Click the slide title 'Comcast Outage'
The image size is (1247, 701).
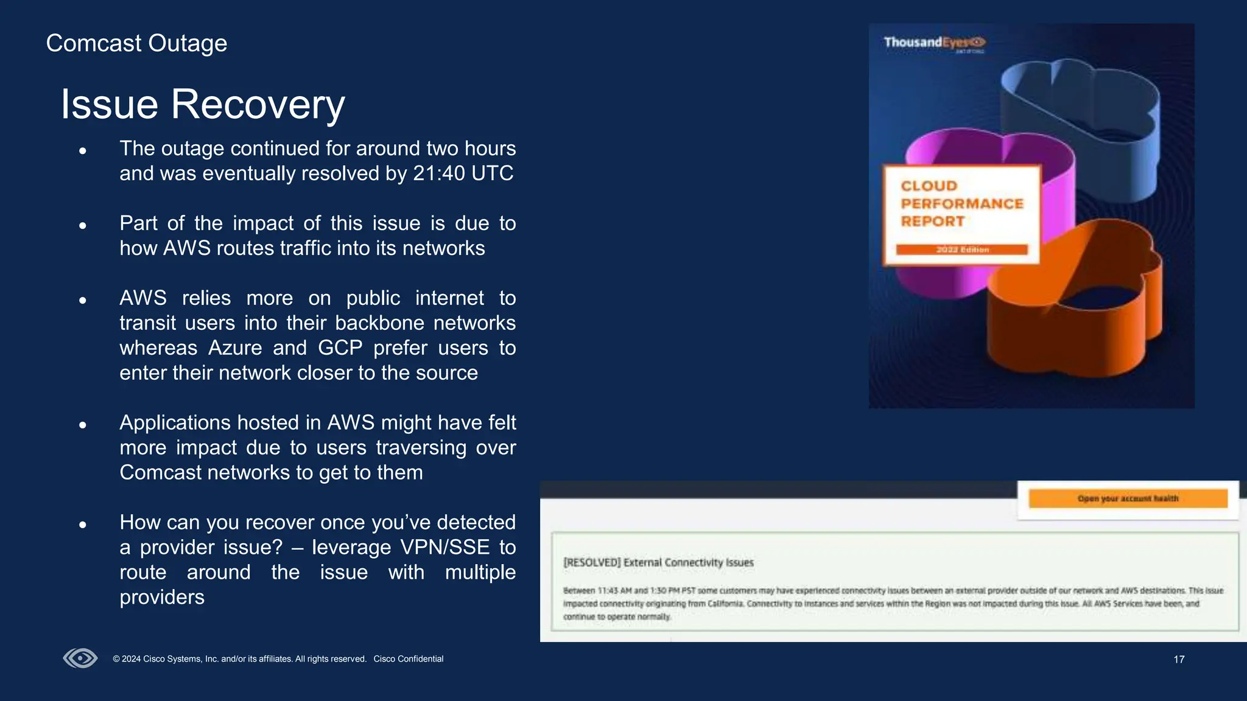click(136, 44)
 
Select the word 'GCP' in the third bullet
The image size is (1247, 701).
click(340, 348)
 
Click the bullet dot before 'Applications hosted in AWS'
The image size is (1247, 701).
click(83, 425)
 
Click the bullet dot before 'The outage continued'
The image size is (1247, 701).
click(83, 150)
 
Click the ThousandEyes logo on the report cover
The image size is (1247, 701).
click(934, 43)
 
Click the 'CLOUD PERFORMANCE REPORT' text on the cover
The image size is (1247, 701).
click(961, 204)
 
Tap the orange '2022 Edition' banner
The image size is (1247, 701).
click(962, 249)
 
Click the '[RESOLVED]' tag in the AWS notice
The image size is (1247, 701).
click(591, 563)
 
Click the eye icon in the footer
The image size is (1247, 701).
click(80, 658)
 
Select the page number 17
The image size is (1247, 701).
click(1179, 660)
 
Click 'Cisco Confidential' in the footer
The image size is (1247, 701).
click(408, 659)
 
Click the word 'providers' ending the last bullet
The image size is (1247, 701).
click(162, 598)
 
